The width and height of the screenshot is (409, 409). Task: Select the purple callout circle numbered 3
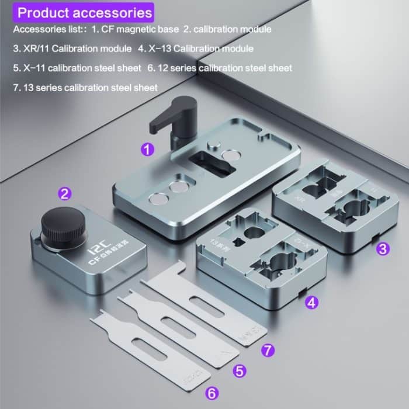382,248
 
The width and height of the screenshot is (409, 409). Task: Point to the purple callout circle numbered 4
313,303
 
